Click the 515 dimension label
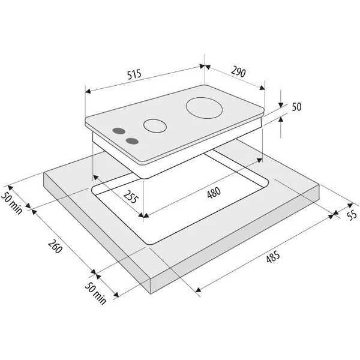click(134, 74)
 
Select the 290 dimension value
click(238, 71)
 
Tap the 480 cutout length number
click(214, 193)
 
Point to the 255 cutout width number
click(131, 197)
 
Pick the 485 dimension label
click(273, 257)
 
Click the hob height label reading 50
click(296, 107)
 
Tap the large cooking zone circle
click(205, 108)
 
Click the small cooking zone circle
click(155, 126)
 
